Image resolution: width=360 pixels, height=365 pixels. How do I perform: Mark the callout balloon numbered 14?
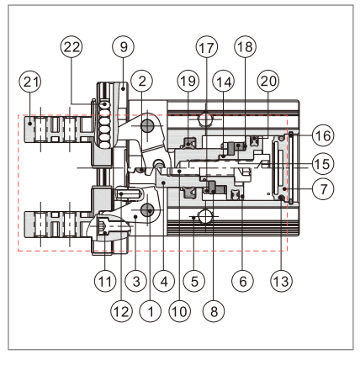point(224,104)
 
